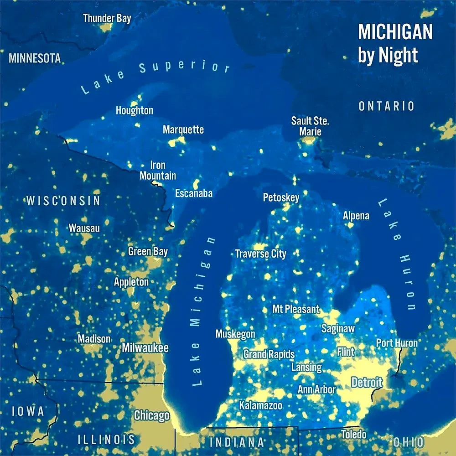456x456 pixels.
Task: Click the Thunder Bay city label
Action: [107, 18]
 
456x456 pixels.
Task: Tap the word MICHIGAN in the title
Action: [395, 32]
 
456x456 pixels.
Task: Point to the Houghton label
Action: [134, 110]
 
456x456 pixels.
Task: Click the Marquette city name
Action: [183, 130]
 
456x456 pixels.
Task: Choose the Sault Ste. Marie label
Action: [310, 126]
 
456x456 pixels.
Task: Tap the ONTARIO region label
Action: [386, 106]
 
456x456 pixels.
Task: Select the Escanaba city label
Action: [194, 193]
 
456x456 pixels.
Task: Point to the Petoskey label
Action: [281, 197]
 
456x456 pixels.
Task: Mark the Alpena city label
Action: [356, 216]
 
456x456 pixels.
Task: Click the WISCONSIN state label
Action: [63, 201]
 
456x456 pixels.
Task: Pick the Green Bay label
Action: [148, 251]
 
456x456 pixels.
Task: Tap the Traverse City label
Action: [260, 254]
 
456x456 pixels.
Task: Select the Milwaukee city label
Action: [145, 348]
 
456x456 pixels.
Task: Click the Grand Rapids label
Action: [269, 354]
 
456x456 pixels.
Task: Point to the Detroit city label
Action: [367, 382]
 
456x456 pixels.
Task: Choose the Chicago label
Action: [151, 415]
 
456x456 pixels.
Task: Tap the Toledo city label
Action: [353, 434]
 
